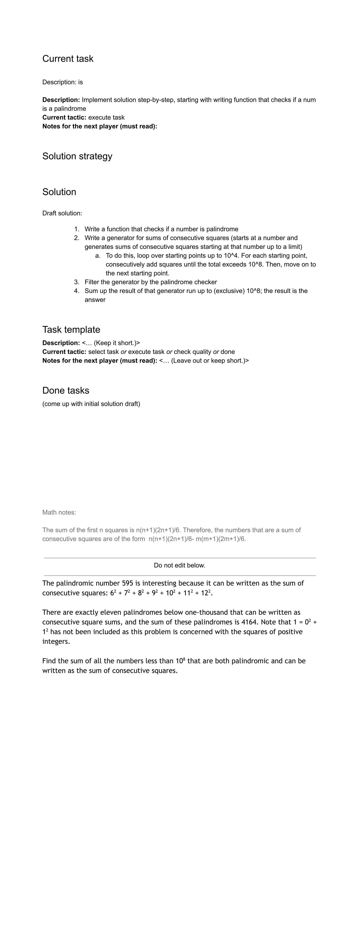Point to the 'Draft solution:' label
point(62,213)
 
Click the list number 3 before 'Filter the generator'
point(76,282)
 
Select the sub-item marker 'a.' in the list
point(98,255)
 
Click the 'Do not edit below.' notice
point(179,565)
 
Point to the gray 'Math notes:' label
point(59,512)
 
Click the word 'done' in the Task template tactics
point(228,352)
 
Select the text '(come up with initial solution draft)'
point(91,404)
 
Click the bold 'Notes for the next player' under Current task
point(100,126)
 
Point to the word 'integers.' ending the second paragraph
point(56,641)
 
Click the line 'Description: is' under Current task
point(63,82)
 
